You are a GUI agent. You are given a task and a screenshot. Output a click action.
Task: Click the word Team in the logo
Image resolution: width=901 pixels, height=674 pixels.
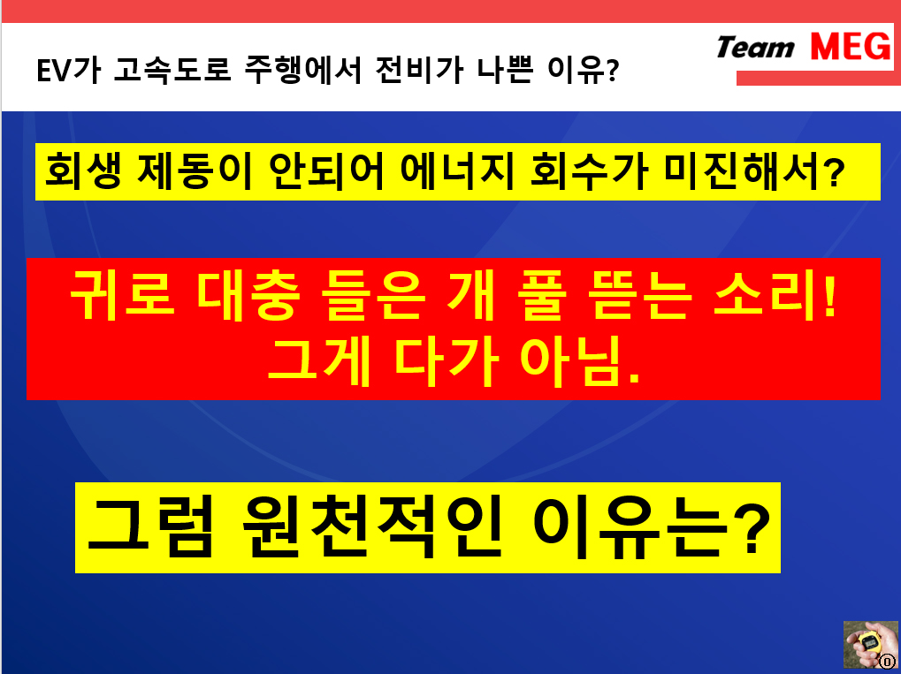(755, 47)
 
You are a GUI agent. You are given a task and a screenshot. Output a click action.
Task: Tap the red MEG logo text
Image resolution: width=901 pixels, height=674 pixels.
(851, 47)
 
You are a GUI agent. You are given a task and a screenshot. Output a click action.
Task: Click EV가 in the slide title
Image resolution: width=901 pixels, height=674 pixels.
(68, 70)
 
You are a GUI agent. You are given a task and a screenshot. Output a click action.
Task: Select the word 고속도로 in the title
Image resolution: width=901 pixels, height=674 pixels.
(172, 70)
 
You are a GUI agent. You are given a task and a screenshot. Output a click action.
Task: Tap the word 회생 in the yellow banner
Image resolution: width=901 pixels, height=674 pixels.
(83, 171)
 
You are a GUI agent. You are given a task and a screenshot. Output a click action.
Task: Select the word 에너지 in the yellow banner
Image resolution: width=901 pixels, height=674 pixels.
(457, 171)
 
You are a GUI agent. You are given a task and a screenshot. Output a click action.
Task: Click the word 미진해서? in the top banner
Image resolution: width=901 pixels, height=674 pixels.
(754, 171)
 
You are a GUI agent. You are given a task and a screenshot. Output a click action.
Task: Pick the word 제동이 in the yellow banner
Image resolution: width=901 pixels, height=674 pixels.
(195, 171)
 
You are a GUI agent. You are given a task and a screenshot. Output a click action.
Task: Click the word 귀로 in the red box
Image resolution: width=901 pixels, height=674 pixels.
(122, 295)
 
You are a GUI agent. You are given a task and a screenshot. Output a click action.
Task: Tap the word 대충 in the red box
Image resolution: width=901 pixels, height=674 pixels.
(248, 295)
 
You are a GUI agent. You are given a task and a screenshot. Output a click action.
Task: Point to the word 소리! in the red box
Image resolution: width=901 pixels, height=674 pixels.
(775, 295)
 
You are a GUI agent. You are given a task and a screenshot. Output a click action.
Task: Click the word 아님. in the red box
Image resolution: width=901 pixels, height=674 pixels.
(580, 361)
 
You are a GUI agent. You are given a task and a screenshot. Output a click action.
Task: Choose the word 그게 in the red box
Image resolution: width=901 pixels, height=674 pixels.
(319, 361)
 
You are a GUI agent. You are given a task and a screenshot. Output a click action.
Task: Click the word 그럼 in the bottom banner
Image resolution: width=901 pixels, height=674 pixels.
(150, 527)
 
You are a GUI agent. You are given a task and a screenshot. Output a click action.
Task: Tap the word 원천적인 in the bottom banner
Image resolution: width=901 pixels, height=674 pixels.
(372, 527)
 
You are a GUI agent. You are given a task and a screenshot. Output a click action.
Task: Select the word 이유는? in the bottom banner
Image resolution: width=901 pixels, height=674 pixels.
(651, 527)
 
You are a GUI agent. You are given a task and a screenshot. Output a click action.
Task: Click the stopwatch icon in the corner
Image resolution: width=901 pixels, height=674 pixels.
(871, 644)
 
